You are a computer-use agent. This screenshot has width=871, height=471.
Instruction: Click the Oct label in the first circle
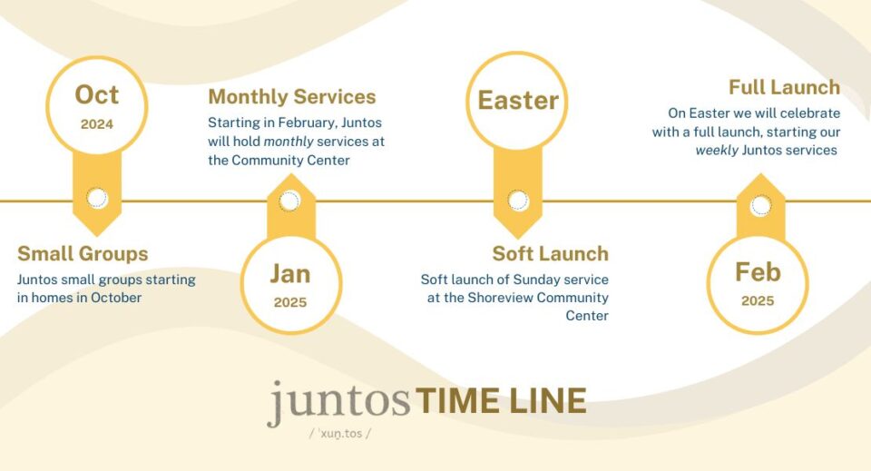[97, 95]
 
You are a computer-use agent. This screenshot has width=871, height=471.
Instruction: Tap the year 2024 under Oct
[97, 123]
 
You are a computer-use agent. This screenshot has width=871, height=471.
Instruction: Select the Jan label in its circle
[290, 274]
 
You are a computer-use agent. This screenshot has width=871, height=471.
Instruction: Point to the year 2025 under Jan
[290, 302]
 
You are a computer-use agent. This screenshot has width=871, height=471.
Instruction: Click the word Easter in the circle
[518, 101]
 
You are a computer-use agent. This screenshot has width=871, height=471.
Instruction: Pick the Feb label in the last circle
[758, 272]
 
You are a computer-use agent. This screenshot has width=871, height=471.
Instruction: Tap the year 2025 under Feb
[758, 300]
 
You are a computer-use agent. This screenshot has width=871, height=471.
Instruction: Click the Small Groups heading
[83, 254]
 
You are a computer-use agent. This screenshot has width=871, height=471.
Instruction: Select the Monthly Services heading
[292, 96]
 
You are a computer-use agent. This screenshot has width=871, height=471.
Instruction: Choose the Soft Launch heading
[551, 254]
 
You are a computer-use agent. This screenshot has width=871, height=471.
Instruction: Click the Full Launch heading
[784, 87]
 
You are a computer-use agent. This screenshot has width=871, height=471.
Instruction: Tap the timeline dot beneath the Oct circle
[97, 198]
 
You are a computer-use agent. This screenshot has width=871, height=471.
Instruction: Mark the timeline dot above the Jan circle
[289, 201]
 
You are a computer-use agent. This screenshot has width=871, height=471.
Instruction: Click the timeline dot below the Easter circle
[518, 201]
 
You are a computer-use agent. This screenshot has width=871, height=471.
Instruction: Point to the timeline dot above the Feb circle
[760, 205]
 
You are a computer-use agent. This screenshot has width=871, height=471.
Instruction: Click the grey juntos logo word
[338, 402]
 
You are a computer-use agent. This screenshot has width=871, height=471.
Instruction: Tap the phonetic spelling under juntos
[340, 434]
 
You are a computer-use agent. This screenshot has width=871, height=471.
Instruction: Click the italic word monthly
[289, 142]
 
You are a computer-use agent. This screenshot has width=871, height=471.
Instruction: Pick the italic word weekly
[717, 151]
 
